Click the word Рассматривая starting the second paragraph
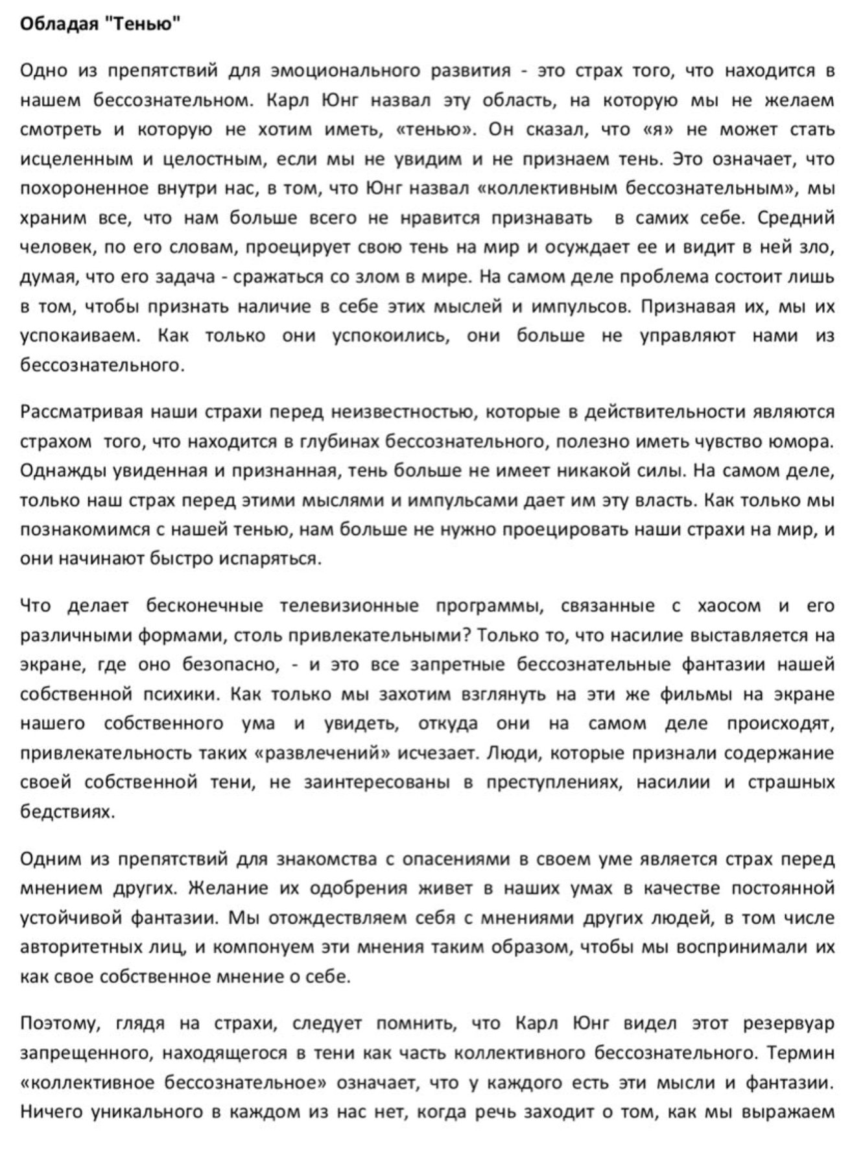80,413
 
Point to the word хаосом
728,606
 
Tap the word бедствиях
67,812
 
